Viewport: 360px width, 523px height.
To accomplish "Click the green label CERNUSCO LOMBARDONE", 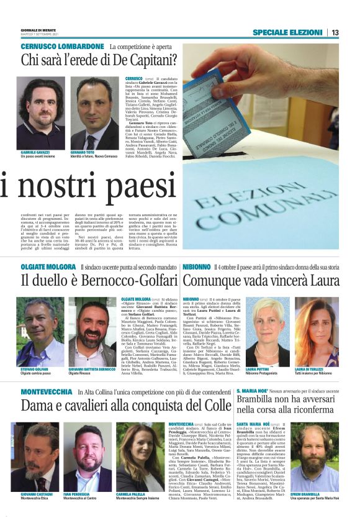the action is click(62, 47).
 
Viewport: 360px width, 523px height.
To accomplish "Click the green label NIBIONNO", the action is click(197, 266).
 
